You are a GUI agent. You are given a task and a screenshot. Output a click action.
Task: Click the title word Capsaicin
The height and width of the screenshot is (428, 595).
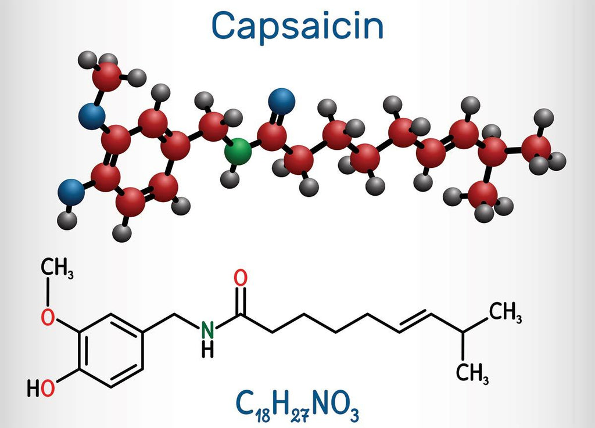[297, 26]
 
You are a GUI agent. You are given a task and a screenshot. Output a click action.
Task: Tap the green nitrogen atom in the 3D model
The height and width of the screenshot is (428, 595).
[238, 152]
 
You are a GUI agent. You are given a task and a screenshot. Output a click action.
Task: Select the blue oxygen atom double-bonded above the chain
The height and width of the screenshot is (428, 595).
[282, 101]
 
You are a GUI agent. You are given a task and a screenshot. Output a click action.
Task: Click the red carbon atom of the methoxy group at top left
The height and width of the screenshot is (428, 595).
[109, 75]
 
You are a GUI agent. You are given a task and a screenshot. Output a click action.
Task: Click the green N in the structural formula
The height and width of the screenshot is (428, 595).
[207, 330]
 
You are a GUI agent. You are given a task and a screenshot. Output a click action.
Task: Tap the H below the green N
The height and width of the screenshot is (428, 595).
[207, 349]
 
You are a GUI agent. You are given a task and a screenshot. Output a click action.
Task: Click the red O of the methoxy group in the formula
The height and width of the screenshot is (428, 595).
[50, 316]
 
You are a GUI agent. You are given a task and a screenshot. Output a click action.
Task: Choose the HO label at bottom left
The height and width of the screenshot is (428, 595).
[41, 387]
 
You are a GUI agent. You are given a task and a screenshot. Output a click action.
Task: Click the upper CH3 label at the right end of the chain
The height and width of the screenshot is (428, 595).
[504, 314]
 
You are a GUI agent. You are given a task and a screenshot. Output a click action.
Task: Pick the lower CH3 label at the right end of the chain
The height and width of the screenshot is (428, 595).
[472, 373]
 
